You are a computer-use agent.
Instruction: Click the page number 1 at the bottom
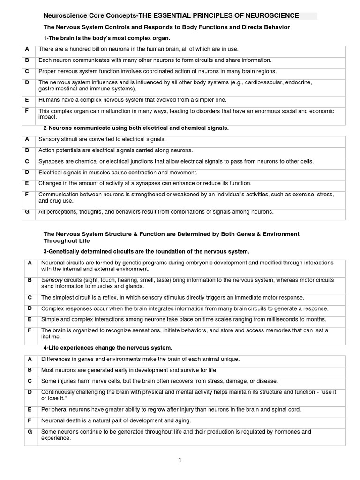[180, 460]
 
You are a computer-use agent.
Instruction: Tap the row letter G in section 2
[27, 212]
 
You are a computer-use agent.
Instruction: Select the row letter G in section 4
[30, 432]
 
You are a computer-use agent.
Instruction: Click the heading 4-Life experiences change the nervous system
[108, 348]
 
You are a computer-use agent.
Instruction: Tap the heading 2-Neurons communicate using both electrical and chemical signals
[136, 128]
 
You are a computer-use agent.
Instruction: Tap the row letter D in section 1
[27, 82]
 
